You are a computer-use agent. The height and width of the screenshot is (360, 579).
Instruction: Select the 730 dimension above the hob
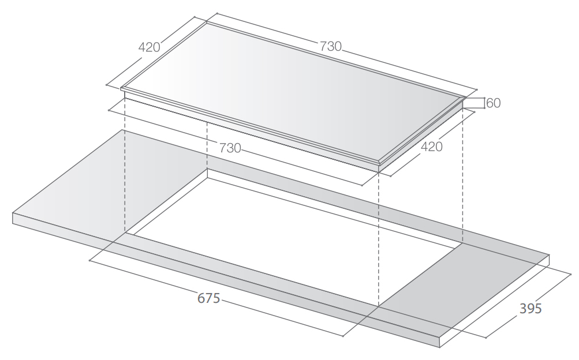point(331,47)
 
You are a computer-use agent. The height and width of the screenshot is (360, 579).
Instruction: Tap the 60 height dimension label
point(494,103)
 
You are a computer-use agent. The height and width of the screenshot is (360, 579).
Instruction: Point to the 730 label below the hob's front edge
point(230,148)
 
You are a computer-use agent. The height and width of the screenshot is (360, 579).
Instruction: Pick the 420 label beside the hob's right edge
point(431,147)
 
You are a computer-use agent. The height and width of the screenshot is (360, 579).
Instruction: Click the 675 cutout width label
point(208,299)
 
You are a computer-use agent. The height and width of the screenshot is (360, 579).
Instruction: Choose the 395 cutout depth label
point(530,309)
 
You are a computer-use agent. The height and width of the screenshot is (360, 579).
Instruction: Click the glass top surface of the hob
point(289,92)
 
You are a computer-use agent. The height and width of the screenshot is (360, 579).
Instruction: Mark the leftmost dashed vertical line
point(125,173)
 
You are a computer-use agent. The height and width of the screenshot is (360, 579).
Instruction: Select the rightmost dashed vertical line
point(462,173)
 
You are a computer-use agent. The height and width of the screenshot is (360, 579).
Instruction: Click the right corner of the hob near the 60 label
point(465,97)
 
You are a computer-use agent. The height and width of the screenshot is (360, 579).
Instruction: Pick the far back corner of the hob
point(206,22)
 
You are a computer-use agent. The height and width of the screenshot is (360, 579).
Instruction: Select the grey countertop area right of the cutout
point(462,288)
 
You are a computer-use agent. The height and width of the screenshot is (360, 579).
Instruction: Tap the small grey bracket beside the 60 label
point(473,103)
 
